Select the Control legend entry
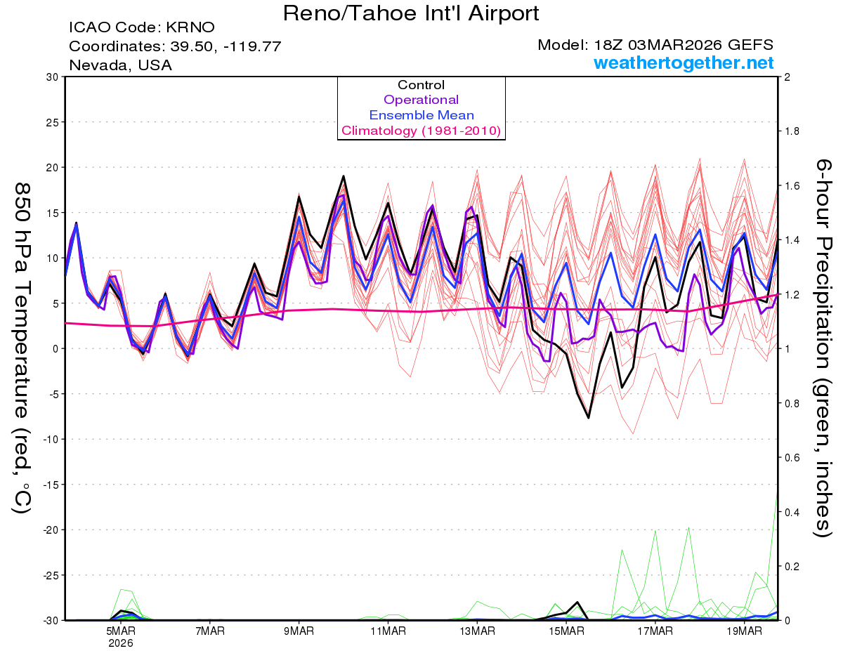[421, 85]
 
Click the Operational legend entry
[421, 100]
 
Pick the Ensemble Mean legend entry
[421, 115]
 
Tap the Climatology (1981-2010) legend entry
[421, 131]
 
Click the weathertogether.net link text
[684, 63]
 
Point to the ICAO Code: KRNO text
[142, 28]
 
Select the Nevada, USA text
[120, 65]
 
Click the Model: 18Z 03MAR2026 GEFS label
[655, 45]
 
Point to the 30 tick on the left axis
[51, 77]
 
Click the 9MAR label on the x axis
[299, 631]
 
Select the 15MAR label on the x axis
[566, 631]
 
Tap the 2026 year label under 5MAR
[121, 643]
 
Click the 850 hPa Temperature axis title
[23, 348]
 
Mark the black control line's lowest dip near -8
[589, 418]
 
